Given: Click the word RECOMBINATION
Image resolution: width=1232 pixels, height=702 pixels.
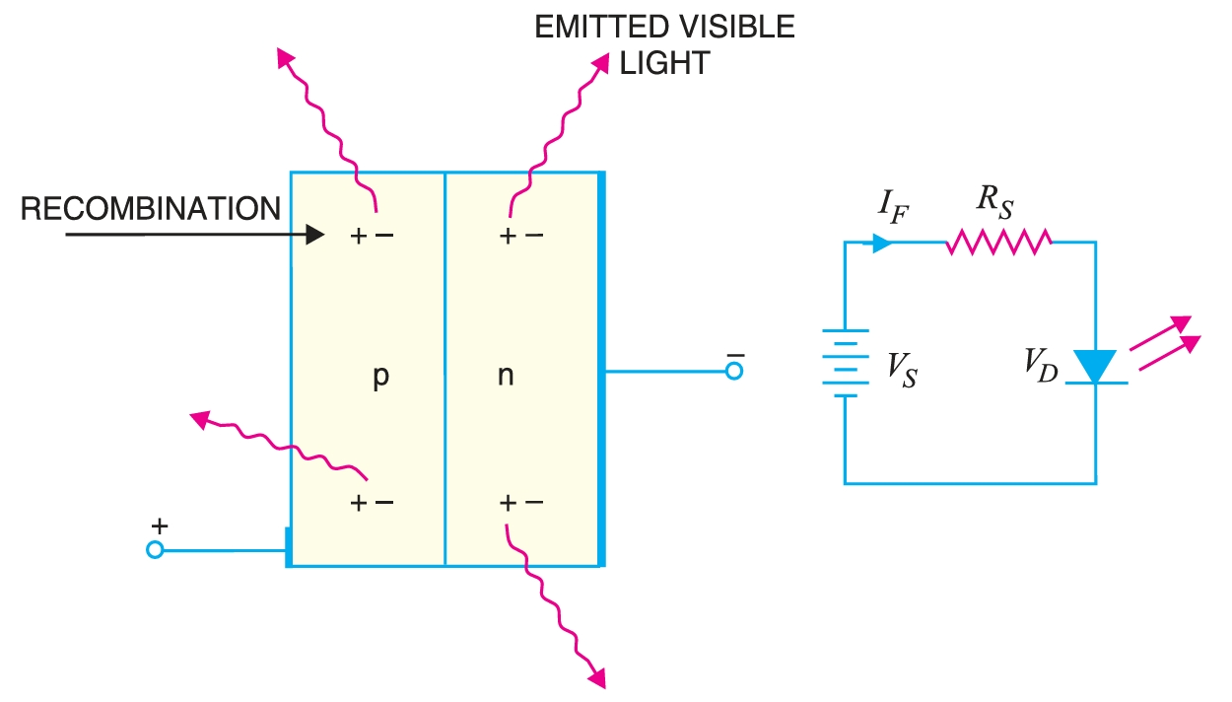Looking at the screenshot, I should (151, 210).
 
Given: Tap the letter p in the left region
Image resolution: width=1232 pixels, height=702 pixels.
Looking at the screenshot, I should (381, 378).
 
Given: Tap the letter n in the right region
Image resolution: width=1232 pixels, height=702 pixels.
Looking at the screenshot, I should (505, 377).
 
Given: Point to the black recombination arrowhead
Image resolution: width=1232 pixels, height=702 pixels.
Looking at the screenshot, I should (314, 235).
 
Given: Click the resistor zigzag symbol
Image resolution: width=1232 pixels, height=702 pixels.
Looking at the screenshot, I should (998, 242).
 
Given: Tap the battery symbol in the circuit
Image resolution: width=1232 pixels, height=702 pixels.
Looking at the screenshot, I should (845, 362).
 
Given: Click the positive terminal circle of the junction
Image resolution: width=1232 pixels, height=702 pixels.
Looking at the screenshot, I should (155, 550).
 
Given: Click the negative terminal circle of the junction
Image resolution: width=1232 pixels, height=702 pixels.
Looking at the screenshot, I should (732, 372).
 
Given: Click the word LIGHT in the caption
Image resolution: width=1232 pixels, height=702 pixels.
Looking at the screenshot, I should (664, 63).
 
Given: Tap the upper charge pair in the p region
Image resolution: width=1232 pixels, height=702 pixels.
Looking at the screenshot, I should (373, 237).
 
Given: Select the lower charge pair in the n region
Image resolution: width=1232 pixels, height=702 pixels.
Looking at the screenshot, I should (521, 503).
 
